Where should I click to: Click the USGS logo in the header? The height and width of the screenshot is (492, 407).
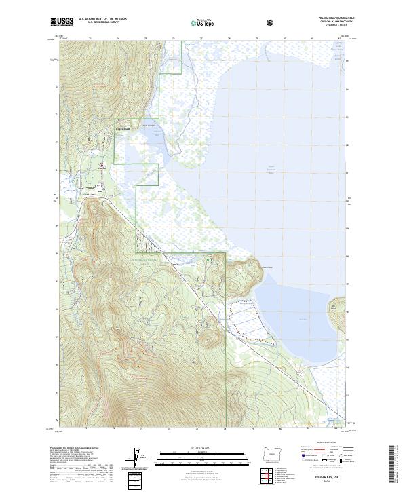tap(62, 22)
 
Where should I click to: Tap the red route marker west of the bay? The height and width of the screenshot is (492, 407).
tap(102, 165)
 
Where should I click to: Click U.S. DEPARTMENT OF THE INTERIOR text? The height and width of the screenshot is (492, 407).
tap(102, 19)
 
